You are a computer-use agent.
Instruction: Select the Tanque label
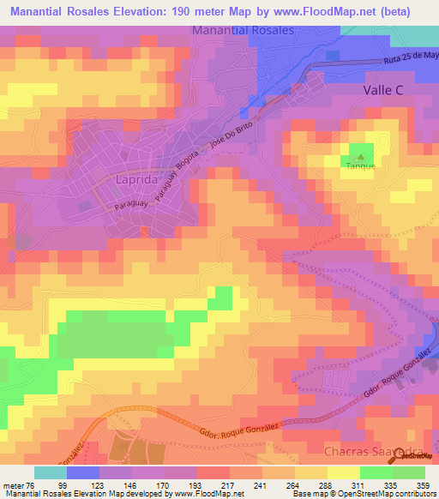click(x=361, y=166)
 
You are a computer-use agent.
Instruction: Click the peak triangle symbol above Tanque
click(x=361, y=156)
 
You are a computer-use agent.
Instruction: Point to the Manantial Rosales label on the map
click(x=244, y=30)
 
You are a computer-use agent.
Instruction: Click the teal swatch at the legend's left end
click(x=51, y=472)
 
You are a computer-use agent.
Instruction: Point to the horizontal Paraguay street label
click(x=129, y=207)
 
